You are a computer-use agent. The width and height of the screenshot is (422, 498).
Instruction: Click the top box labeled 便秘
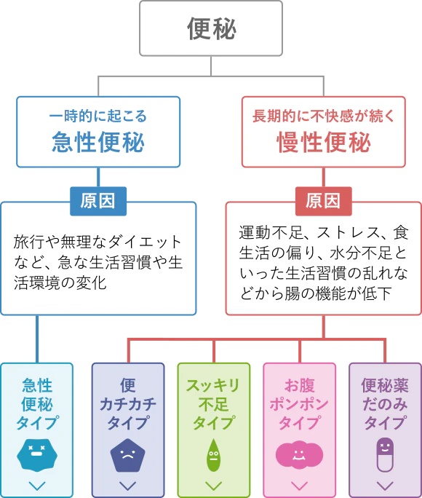click(211, 28)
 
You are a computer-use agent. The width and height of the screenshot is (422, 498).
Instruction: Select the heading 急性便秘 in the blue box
click(98, 141)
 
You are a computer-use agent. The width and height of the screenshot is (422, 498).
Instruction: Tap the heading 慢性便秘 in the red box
click(324, 141)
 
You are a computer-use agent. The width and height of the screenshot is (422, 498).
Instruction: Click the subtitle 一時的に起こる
click(98, 116)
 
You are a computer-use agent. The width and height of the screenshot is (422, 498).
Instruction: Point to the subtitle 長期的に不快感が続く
click(324, 116)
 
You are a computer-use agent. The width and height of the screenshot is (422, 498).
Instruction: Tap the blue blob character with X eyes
click(37, 454)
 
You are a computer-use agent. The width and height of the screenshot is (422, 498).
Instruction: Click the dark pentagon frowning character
click(127, 456)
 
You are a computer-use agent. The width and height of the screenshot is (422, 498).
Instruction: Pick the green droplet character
click(213, 456)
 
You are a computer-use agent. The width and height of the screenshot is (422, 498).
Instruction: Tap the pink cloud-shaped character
click(299, 454)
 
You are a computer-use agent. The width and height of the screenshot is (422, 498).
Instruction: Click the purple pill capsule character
click(385, 455)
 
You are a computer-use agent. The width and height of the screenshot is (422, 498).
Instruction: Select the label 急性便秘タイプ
click(37, 403)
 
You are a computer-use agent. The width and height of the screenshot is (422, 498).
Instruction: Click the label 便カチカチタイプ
click(127, 403)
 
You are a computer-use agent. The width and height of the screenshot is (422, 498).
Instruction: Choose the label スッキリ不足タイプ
click(213, 403)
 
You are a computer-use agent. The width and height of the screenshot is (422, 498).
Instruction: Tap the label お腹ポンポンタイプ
click(299, 403)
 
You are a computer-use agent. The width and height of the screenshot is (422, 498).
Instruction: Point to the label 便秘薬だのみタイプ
click(385, 403)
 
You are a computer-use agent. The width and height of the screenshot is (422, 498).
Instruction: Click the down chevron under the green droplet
click(213, 486)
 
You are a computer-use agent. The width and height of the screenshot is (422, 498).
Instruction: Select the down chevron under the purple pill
click(385, 486)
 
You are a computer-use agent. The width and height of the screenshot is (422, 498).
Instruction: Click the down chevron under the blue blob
click(37, 486)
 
